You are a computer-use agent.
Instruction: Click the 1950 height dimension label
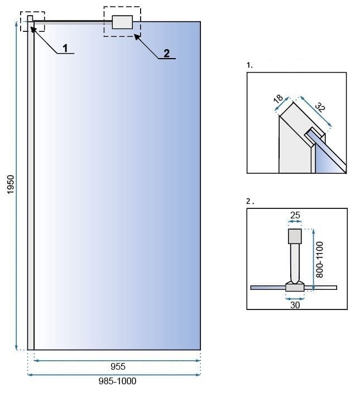pos(11,184)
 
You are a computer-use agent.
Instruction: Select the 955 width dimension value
pos(118,367)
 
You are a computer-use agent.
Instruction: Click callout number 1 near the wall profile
pos(65,49)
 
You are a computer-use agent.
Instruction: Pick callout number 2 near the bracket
pos(166,54)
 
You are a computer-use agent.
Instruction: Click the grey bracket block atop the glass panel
pos(122,22)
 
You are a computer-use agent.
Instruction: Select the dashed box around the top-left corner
pos(32,21)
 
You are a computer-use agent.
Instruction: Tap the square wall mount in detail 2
pos(294,236)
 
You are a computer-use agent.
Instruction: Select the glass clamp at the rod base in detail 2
pos(294,287)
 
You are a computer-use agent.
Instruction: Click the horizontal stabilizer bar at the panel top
pos(73,22)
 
